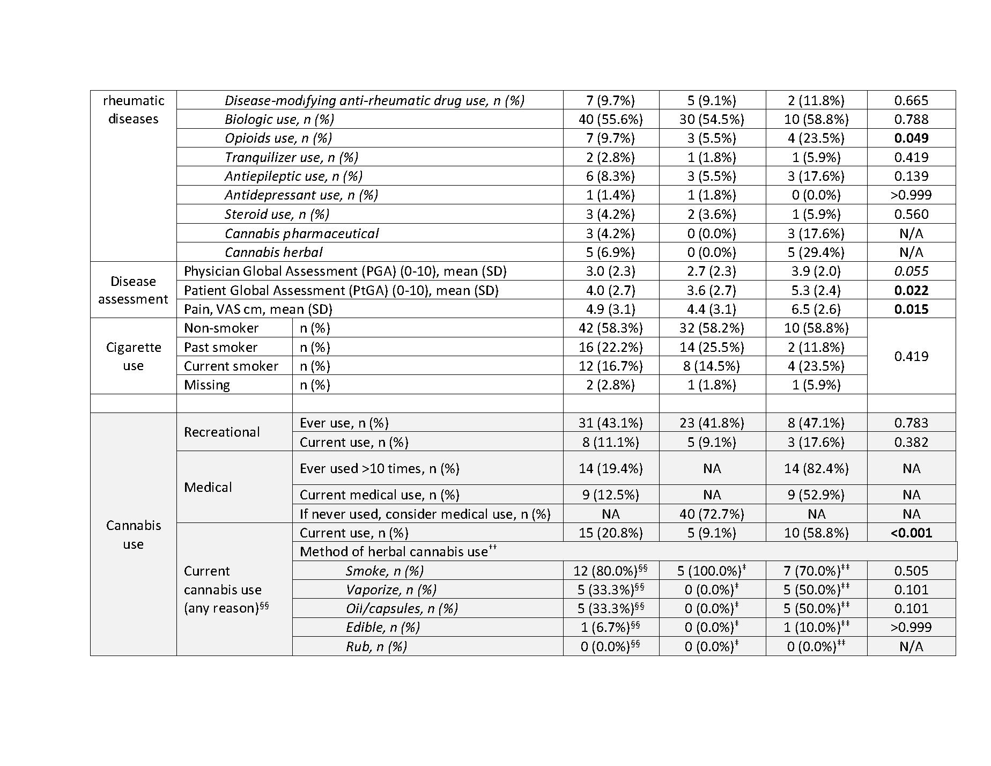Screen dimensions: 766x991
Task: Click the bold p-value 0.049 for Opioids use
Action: (911, 138)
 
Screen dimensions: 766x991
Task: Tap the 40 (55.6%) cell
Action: (610, 119)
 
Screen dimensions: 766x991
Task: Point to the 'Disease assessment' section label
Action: (133, 290)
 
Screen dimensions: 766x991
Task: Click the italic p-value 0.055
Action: (911, 271)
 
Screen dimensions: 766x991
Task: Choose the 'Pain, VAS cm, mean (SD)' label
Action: (258, 309)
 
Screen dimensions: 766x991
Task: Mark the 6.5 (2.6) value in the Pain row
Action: (816, 309)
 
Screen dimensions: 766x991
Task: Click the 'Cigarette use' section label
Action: (133, 356)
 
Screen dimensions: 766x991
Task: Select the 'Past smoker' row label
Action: (220, 348)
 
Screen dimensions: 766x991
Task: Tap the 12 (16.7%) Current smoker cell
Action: (610, 366)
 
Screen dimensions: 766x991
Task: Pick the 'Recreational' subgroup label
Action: (221, 432)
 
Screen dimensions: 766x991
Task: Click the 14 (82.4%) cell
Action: (816, 468)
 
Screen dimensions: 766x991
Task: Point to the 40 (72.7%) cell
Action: (712, 514)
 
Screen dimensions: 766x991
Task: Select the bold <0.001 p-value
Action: (911, 533)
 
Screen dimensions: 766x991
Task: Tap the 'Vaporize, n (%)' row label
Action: (391, 590)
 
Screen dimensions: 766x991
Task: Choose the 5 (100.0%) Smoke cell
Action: (712, 571)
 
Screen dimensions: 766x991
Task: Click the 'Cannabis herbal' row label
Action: (273, 252)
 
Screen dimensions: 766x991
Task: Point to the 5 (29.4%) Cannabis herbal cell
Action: (816, 252)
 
